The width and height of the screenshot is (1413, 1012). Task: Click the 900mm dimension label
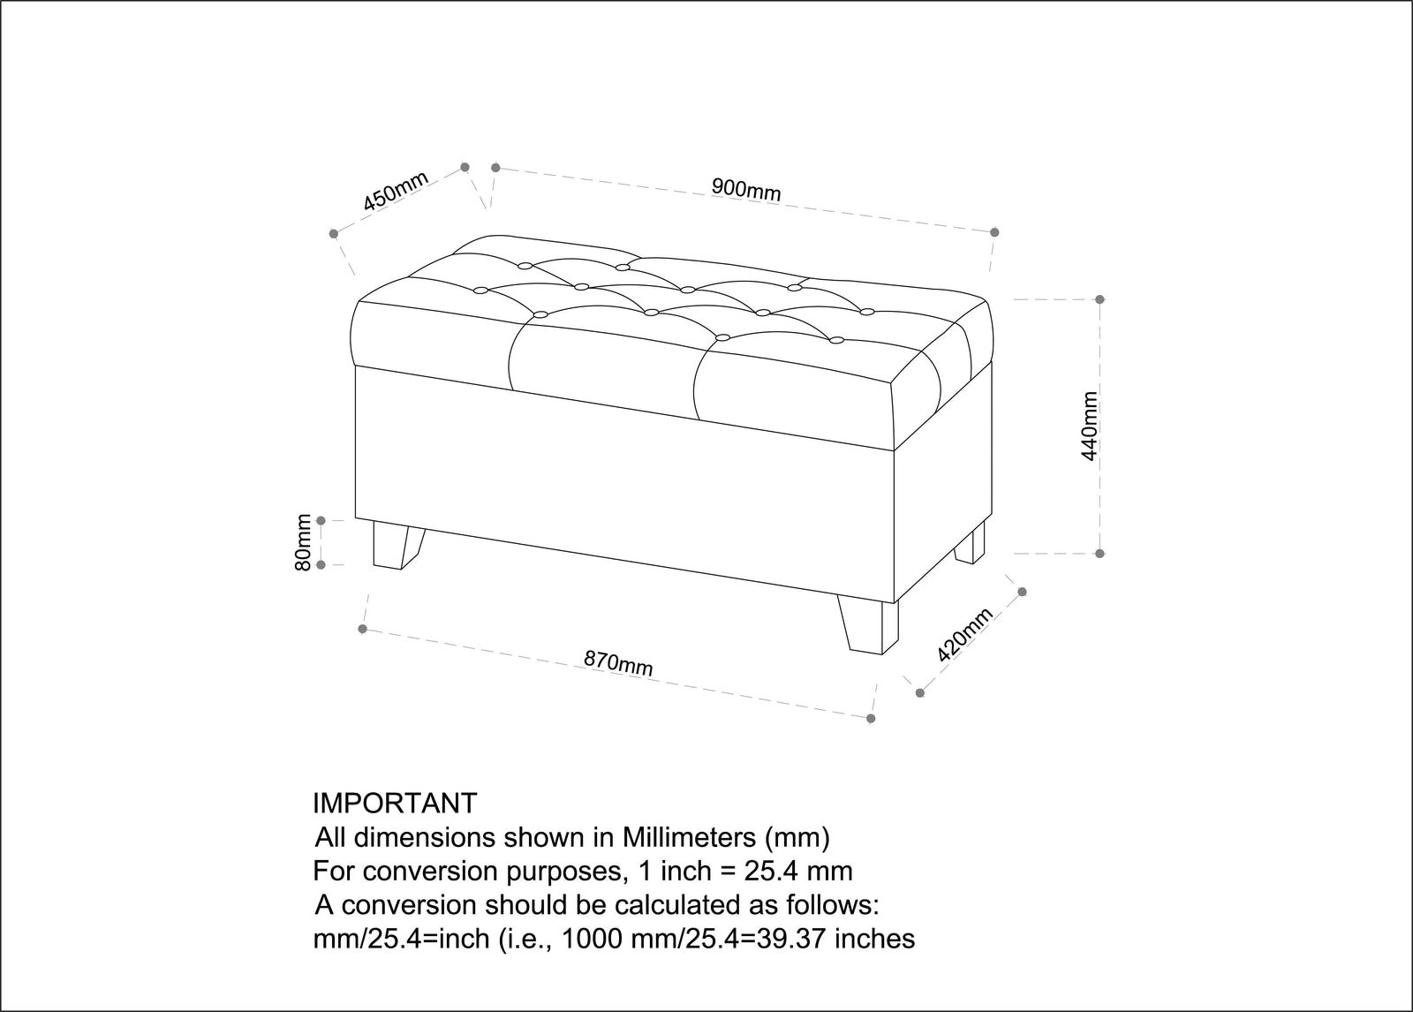coord(746,189)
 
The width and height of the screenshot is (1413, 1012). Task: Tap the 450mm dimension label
coord(396,190)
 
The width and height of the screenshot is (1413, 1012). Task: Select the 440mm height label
coord(1090,427)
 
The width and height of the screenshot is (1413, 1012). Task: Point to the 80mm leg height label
coord(304,542)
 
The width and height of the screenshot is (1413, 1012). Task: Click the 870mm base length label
coord(618,663)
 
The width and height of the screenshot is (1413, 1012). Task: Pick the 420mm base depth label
coord(965,635)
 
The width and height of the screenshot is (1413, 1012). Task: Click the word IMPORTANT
coord(395,804)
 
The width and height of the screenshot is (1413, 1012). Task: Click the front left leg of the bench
coord(397,545)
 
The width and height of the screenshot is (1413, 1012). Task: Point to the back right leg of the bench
coord(971,542)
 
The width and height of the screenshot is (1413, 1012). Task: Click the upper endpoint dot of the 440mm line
coord(1100,299)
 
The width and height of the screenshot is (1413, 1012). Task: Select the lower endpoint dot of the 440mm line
coord(1100,554)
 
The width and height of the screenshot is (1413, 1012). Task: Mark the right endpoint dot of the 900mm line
coord(994,232)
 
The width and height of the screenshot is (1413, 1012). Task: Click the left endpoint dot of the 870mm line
coord(362,629)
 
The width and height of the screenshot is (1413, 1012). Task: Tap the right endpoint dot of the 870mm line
coord(871,719)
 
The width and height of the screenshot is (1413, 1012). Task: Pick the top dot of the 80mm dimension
coord(321,520)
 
